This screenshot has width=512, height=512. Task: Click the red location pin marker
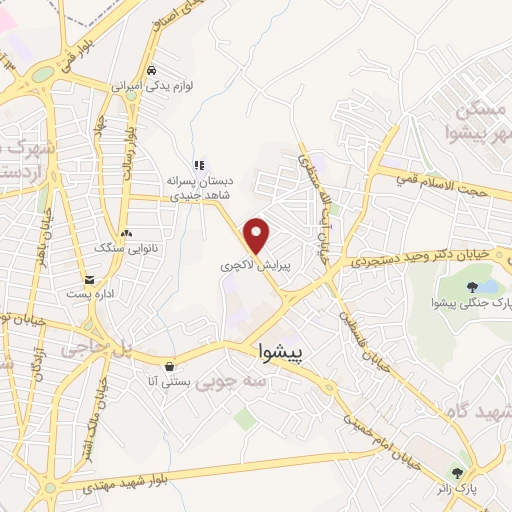pos(258,234)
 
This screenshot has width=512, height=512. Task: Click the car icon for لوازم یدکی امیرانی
pos(151,71)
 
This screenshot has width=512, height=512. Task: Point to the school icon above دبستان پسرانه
pos(199,164)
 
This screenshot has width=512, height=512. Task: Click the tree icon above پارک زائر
pos(458,473)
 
